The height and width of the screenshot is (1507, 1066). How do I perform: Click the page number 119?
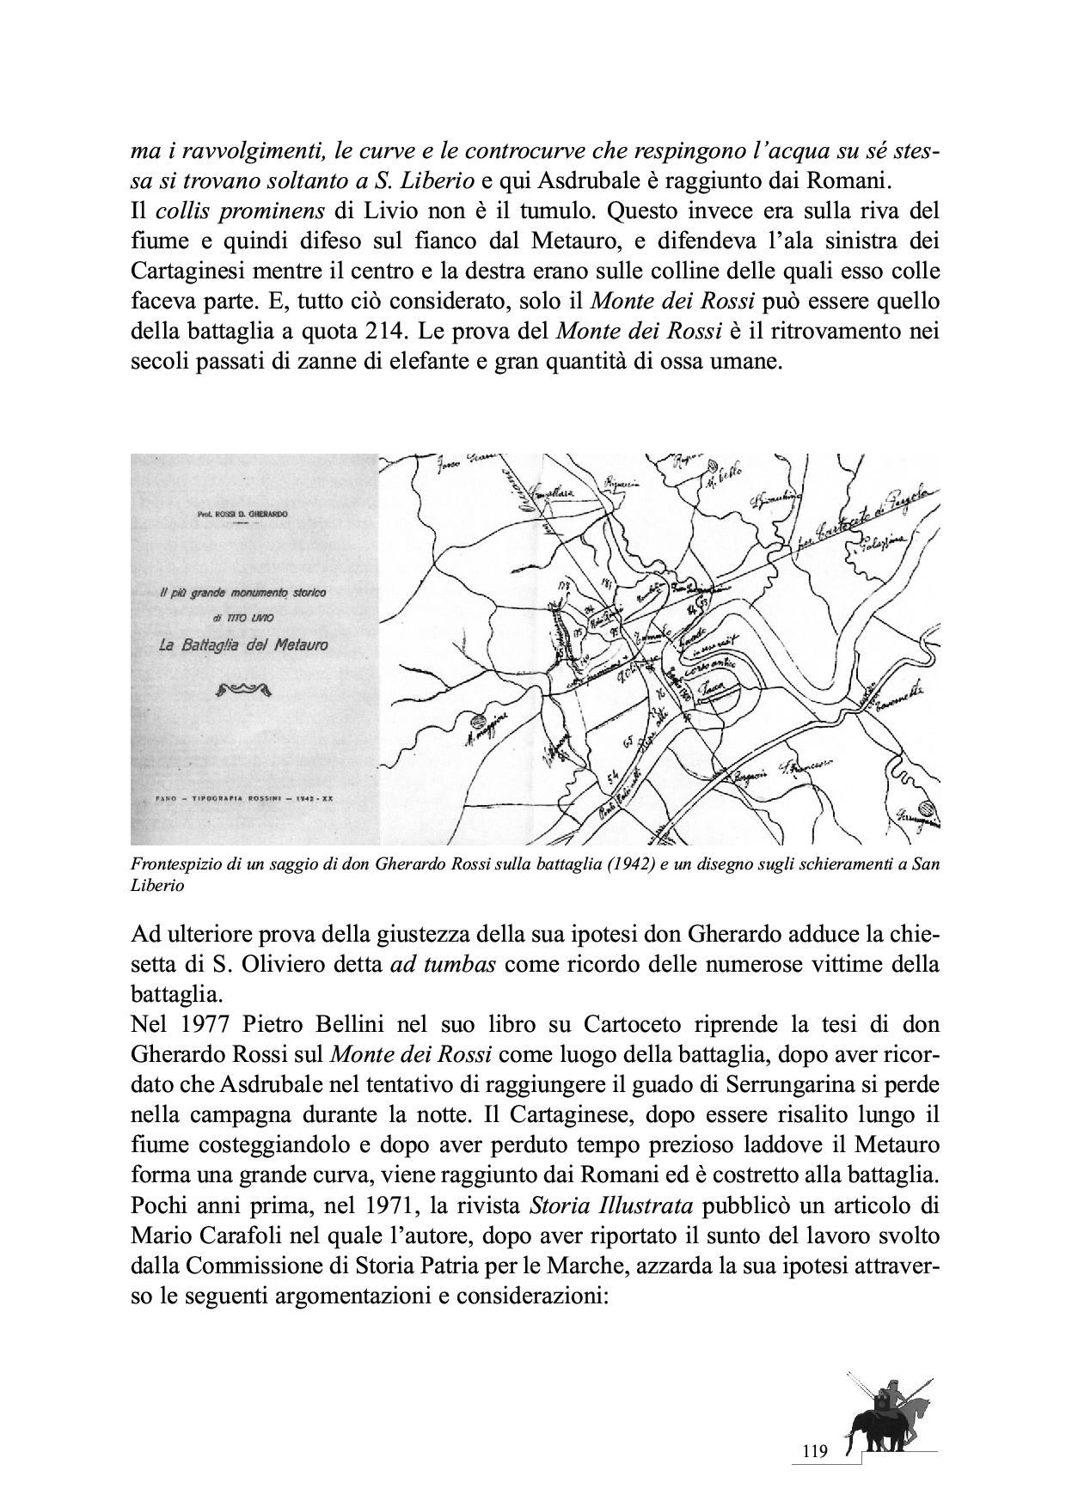813,1451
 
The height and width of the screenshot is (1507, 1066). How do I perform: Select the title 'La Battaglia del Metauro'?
243,644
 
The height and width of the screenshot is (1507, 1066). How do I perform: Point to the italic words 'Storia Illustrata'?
611,1206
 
